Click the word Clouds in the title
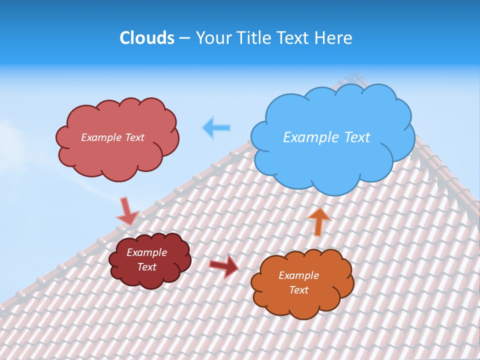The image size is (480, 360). click(146, 38)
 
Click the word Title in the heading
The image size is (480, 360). click(251, 38)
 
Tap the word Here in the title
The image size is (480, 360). click(334, 38)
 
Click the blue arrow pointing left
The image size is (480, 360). click(216, 128)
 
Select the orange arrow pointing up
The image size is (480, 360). click(318, 221)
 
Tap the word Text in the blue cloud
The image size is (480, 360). click(357, 137)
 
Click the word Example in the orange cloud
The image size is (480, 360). click(298, 275)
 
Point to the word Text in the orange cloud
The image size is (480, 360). click(298, 290)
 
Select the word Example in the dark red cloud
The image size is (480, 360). click(146, 252)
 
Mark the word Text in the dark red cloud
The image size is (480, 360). click(146, 267)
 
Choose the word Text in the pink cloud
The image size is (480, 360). click(134, 137)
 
